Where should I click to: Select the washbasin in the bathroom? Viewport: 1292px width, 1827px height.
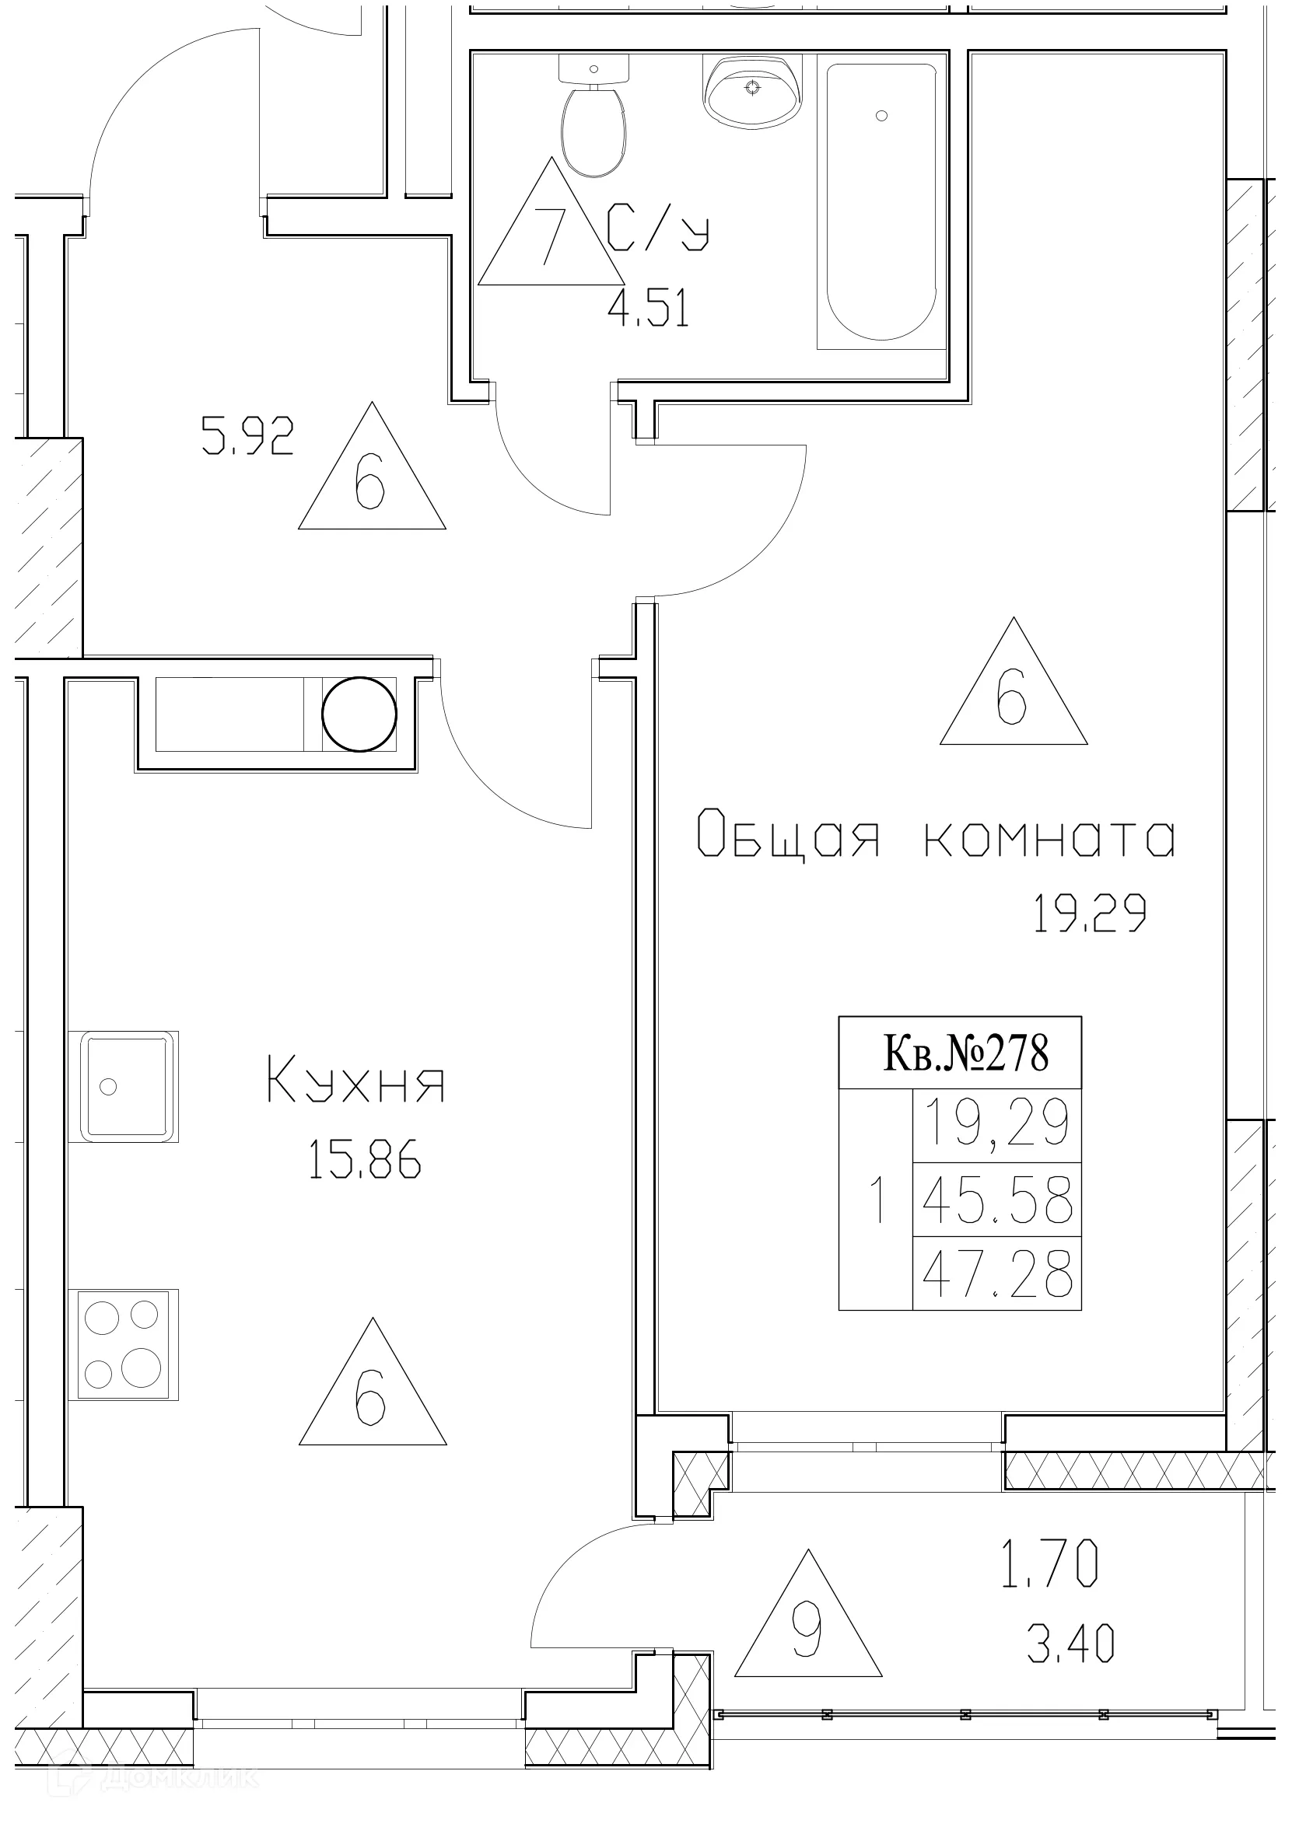[x=752, y=92]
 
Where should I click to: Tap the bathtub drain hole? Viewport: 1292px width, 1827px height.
[x=881, y=116]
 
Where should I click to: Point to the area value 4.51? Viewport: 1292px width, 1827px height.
[x=648, y=309]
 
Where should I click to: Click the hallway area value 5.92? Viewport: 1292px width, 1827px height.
[x=247, y=437]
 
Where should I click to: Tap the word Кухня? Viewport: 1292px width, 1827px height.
[x=355, y=1080]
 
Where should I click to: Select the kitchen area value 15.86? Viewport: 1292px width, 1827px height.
[x=364, y=1159]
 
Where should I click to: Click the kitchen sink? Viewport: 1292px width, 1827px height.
[x=124, y=1087]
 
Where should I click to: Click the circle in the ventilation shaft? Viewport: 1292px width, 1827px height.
[x=359, y=714]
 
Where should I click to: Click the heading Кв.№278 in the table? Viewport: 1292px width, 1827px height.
[x=965, y=1053]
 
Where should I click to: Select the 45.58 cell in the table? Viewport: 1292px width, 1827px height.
[x=997, y=1200]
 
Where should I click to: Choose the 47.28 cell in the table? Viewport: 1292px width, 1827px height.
[x=997, y=1274]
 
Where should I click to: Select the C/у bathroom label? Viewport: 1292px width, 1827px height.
[x=657, y=229]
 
